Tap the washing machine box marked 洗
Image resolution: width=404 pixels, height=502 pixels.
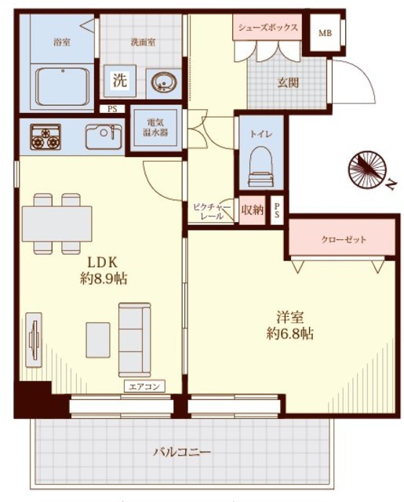click(120, 81)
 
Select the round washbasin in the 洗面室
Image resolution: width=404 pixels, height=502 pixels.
click(163, 82)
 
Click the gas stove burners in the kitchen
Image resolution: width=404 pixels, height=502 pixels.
click(45, 137)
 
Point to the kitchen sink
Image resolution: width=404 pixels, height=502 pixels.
click(104, 136)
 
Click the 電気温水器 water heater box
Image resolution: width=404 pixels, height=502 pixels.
click(155, 128)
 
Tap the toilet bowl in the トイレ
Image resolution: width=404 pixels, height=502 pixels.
click(261, 166)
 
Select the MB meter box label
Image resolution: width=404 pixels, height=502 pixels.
click(325, 33)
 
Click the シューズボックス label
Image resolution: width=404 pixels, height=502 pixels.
click(268, 27)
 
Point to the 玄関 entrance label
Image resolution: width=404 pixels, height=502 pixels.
click(288, 82)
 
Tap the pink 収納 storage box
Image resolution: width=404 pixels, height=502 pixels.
click(253, 210)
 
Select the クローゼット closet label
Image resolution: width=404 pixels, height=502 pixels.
click(344, 239)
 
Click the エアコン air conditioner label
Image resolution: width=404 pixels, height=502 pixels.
click(144, 387)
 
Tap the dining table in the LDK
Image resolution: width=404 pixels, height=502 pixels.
click(57, 224)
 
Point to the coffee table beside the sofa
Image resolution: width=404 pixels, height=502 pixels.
click(98, 340)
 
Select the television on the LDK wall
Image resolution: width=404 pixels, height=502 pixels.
click(34, 340)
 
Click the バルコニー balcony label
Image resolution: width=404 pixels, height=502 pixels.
click(182, 453)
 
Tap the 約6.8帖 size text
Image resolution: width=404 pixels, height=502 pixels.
click(290, 334)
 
